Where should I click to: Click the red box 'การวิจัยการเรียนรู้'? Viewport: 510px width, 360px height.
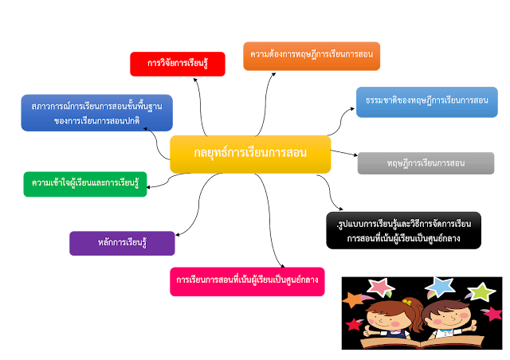(x=177, y=64)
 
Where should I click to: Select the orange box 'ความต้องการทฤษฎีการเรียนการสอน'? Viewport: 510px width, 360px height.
(x=312, y=56)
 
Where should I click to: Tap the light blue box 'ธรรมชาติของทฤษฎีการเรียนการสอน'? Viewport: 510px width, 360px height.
(x=426, y=102)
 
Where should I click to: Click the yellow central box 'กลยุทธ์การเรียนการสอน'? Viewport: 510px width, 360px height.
(x=250, y=153)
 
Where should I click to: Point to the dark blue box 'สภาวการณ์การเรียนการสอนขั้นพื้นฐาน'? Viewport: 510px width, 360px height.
(x=96, y=112)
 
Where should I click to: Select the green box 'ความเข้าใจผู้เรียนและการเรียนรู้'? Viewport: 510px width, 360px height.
(x=85, y=184)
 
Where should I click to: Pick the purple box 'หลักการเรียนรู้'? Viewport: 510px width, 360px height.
(x=122, y=243)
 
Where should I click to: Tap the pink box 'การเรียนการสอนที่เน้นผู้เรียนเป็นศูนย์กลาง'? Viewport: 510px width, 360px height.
(x=247, y=281)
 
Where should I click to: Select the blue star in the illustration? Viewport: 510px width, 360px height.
(x=439, y=286)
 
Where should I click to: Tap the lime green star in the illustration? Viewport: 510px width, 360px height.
(x=480, y=292)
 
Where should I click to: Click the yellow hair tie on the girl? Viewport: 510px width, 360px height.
(x=407, y=303)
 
